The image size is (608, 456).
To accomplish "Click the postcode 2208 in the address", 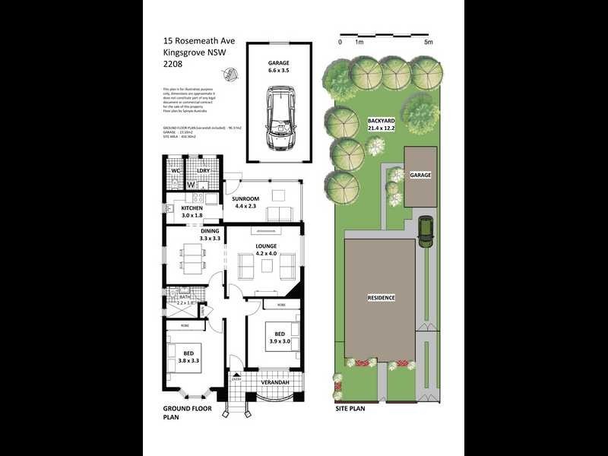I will tap(173, 65).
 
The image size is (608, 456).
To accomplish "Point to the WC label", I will tap(174, 171).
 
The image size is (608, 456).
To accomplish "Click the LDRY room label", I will tap(203, 171).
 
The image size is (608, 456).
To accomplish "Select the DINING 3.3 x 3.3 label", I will tap(210, 235).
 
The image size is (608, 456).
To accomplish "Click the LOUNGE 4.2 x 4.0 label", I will tap(266, 250).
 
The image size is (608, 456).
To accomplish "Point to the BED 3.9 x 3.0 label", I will tap(280, 338).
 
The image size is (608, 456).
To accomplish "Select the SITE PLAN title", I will tap(350, 408).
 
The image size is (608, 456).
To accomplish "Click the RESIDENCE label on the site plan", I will tap(381, 297).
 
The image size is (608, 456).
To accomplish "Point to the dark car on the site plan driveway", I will tap(426, 230).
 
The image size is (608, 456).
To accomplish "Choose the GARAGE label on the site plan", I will tap(420, 175).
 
